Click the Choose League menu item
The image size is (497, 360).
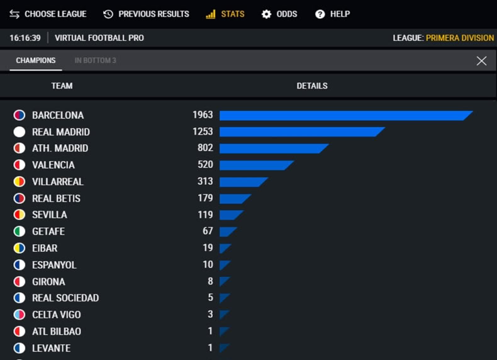coord(48,14)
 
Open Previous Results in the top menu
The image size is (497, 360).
coord(146,14)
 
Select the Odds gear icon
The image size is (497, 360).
coord(266,14)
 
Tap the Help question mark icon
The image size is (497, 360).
coord(320,14)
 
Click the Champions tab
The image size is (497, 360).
coord(36,60)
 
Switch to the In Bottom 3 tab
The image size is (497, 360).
coord(95,60)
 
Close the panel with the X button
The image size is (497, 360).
coord(481,60)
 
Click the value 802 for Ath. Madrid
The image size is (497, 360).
coord(205,148)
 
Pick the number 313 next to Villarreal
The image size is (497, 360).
coord(205,181)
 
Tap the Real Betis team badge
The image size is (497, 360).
coord(20,198)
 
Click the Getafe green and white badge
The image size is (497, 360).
coord(20,231)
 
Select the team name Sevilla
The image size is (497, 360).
coord(50,215)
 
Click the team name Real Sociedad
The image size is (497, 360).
coord(65,298)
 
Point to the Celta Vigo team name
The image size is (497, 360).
coord(57,315)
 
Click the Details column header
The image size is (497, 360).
coord(312,86)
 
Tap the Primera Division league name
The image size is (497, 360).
coord(460,38)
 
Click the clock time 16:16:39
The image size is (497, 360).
coord(25,38)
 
